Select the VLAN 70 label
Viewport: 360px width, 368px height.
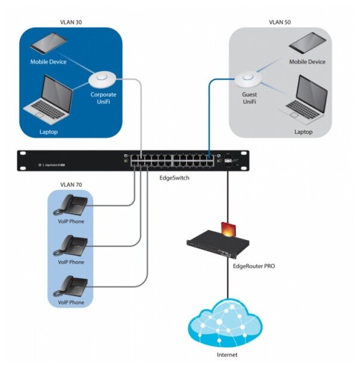(x=71, y=185)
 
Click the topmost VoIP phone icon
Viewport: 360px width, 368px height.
(x=71, y=205)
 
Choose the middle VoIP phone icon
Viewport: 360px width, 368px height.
(x=71, y=245)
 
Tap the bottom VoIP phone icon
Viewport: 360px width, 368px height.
(x=71, y=285)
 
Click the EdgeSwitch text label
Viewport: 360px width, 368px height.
(x=176, y=177)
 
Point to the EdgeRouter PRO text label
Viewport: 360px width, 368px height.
(x=252, y=267)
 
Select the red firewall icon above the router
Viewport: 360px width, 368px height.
(x=228, y=229)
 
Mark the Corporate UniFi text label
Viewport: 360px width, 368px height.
(x=103, y=97)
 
